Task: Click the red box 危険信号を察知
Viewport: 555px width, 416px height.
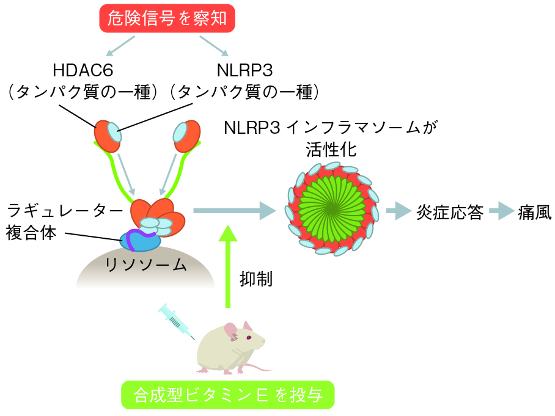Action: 166,18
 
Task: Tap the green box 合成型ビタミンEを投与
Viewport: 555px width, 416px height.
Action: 228,395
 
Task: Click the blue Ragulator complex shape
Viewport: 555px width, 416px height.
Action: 142,240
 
